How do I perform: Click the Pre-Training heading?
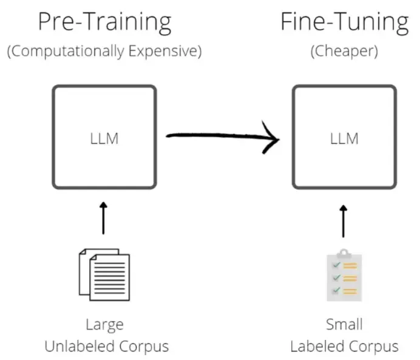[x=105, y=23]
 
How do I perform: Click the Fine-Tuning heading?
[x=345, y=23]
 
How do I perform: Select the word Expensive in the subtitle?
[x=163, y=52]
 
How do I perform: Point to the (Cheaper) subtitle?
[x=344, y=52]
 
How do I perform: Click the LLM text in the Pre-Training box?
[x=104, y=139]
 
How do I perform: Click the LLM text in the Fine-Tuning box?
[x=344, y=139]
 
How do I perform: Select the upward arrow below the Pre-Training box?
[x=103, y=218]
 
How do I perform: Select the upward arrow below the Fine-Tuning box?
[x=344, y=221]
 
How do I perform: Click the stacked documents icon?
[x=104, y=275]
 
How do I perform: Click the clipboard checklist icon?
[x=344, y=276]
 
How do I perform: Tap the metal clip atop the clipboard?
[x=344, y=253]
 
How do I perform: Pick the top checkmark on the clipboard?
[x=336, y=265]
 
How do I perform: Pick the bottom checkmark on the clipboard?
[x=336, y=290]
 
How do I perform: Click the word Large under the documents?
[x=105, y=325]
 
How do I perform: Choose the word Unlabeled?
[x=80, y=346]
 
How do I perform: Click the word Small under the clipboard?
[x=344, y=324]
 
